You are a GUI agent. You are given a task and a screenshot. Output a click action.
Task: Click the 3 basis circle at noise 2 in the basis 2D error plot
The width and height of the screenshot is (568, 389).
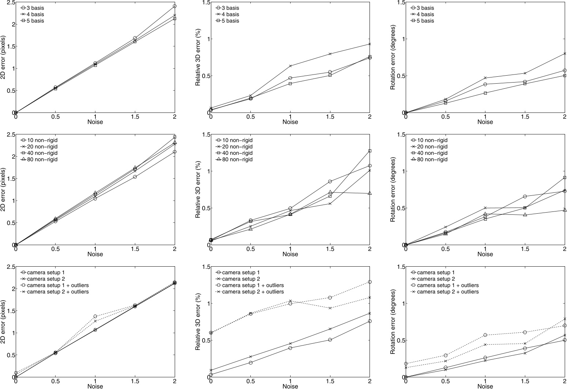click(x=175, y=6)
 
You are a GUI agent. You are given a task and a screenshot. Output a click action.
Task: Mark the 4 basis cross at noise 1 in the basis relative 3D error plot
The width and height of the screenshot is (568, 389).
click(x=290, y=66)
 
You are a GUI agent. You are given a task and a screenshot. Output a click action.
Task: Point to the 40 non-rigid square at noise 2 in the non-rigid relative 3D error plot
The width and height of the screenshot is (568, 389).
click(x=370, y=150)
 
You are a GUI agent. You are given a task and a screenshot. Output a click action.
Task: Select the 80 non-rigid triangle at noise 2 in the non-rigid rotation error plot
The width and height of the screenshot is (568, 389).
click(x=565, y=210)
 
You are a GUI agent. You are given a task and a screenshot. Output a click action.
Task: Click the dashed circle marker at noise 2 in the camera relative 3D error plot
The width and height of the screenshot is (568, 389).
click(x=370, y=282)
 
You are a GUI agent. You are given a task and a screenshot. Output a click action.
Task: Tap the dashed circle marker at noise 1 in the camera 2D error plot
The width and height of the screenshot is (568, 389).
click(x=95, y=316)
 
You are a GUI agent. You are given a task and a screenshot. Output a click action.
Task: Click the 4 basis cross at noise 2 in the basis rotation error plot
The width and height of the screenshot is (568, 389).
click(x=565, y=53)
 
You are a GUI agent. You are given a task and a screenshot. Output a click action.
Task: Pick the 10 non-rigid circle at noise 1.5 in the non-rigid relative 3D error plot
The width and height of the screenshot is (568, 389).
click(x=330, y=181)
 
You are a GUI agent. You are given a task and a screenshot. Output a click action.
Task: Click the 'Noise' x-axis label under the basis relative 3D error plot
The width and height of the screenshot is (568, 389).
click(x=290, y=122)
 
